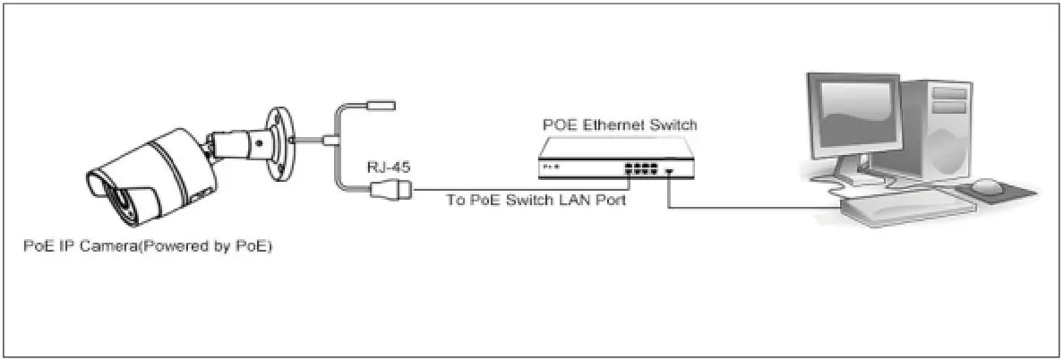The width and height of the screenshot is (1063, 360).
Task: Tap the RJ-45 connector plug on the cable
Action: [390, 189]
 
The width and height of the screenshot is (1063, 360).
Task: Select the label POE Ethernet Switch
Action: [620, 125]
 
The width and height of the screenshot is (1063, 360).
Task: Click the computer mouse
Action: [986, 186]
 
